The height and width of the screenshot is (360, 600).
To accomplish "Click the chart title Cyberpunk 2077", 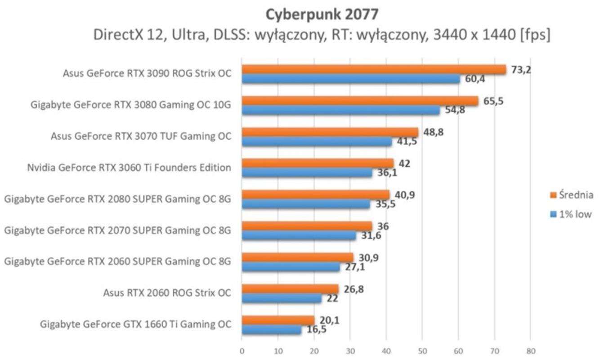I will (x=322, y=14).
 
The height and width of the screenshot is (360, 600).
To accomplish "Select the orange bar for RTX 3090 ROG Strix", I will (x=373, y=69).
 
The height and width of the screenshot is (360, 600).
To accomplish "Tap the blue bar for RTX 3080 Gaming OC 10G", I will (x=340, y=110).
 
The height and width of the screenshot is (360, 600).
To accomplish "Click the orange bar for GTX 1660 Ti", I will (x=278, y=320).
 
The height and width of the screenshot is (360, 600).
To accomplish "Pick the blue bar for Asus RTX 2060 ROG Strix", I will (x=282, y=298).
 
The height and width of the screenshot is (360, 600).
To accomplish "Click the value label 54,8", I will (x=455, y=110).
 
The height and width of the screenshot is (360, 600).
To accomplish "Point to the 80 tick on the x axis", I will (x=530, y=351).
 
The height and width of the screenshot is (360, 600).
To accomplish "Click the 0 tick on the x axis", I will (x=242, y=351).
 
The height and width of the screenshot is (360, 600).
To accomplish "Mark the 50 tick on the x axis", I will (x=422, y=351).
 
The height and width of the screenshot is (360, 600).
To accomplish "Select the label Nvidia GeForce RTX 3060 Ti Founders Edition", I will (x=129, y=168).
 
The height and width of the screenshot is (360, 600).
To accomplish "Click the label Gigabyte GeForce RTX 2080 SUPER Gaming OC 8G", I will (x=117, y=199).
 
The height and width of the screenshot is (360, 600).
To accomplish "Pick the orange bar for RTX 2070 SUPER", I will (x=307, y=226).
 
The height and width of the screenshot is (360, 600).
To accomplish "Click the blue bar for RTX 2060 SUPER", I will (x=291, y=266).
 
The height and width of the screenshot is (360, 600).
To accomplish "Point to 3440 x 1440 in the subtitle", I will (x=459, y=35).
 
